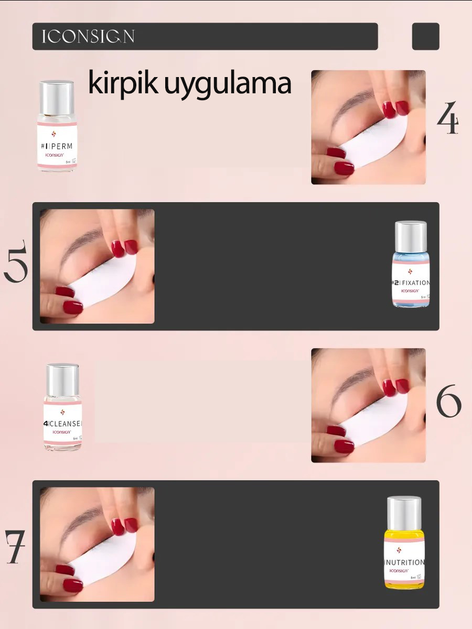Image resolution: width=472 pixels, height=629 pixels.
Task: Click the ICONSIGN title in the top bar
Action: click(x=88, y=37)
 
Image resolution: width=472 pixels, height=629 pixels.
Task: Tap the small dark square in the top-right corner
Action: click(x=425, y=37)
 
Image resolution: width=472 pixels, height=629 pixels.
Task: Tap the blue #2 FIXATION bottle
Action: click(x=411, y=265)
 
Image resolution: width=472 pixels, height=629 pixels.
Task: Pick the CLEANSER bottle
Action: click(x=63, y=408)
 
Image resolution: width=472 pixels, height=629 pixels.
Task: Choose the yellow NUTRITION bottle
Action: click(x=404, y=543)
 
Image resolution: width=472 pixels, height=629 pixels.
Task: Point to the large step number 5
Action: click(x=16, y=261)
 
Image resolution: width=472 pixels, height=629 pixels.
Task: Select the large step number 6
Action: click(x=448, y=402)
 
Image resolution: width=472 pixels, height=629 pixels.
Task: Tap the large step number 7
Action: click(x=15, y=546)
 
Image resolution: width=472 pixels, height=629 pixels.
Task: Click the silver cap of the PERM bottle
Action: click(x=57, y=97)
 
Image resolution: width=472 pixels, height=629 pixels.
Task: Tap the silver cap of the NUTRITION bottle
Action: click(x=404, y=513)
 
